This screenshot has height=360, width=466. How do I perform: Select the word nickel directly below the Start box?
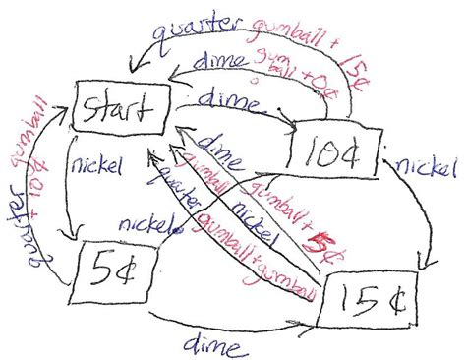pos(92,165)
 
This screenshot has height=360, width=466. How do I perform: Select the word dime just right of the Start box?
pos(230,100)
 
